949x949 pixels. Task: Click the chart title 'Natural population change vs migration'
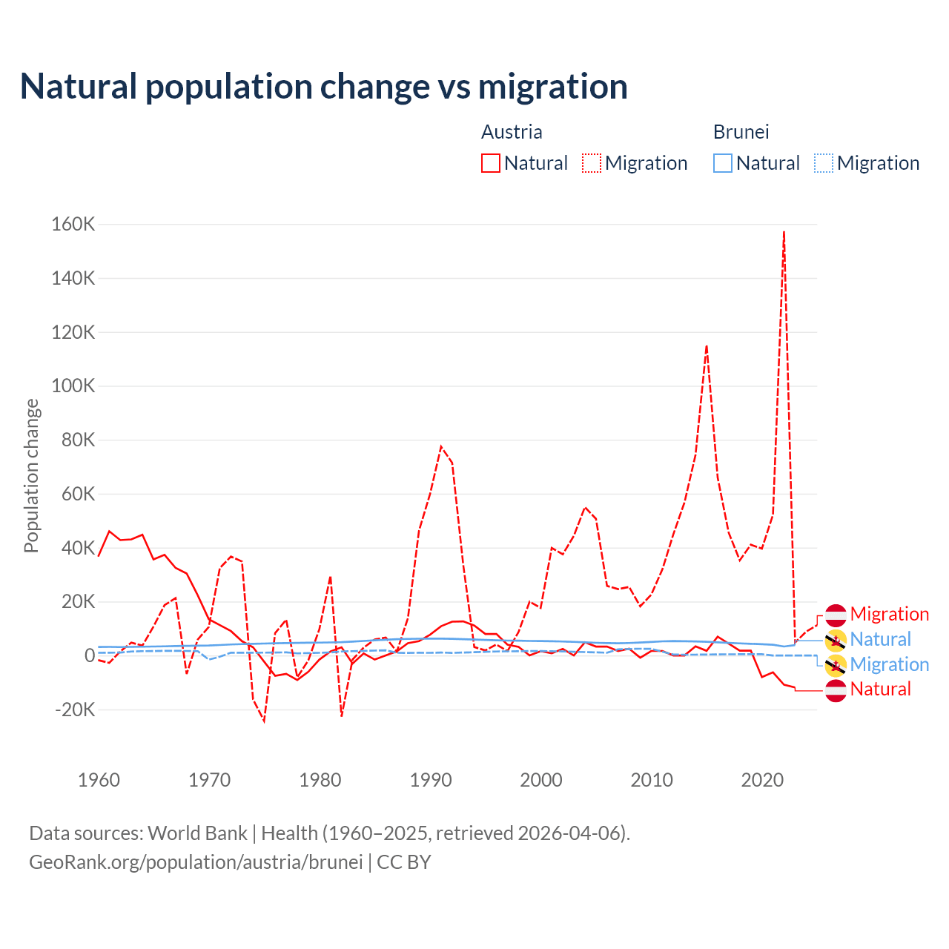[x=324, y=87]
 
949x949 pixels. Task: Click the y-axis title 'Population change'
[x=31, y=475]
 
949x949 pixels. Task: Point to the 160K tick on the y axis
[x=73, y=224]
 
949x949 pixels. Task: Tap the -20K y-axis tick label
[x=76, y=710]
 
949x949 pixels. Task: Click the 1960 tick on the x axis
[x=99, y=780]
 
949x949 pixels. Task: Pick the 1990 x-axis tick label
[x=431, y=780]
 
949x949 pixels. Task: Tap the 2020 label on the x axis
[x=762, y=780]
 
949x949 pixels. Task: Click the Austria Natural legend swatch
[x=491, y=163]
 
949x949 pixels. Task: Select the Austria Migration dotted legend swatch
[x=592, y=163]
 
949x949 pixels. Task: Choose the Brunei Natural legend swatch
[x=723, y=163]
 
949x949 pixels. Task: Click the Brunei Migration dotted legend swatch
[x=824, y=163]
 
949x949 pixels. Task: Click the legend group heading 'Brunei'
[x=741, y=132]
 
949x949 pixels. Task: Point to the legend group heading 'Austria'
[x=512, y=132]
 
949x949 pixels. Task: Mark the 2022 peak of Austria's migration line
[x=784, y=232]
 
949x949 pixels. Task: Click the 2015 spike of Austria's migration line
[x=707, y=346]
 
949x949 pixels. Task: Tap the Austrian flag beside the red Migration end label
[x=836, y=615]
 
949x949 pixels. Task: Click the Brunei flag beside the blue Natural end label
[x=836, y=640]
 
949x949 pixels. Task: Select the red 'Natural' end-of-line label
[x=880, y=690]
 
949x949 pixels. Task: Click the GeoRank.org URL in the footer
[x=196, y=862]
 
